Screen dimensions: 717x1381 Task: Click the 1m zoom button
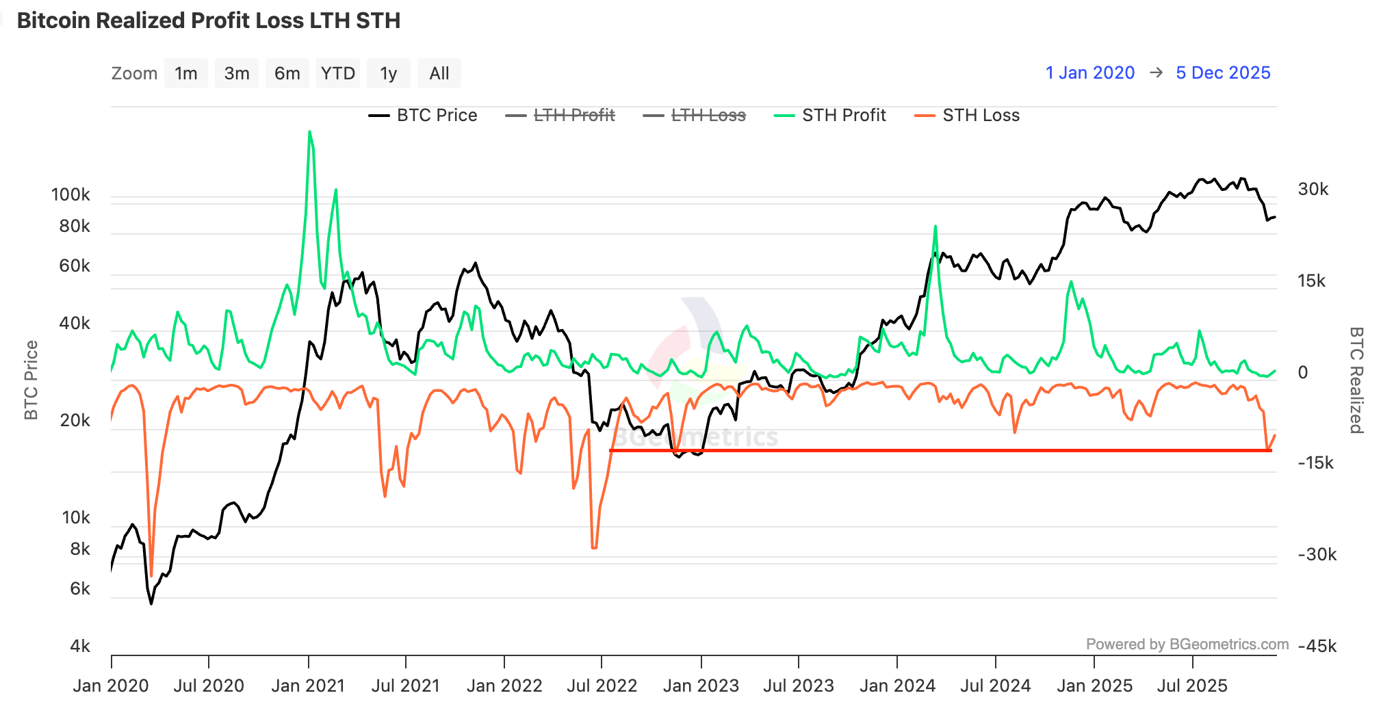185,73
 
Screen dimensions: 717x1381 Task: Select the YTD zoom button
338,73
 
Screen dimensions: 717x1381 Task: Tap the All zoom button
439,73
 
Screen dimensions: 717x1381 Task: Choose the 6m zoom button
287,73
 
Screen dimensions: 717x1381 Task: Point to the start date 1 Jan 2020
1090,73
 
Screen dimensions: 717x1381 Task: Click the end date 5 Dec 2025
1223,73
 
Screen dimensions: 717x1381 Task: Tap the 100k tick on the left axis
70,195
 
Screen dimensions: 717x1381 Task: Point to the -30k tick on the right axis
1317,554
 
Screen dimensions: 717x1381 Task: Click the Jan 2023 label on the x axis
701,686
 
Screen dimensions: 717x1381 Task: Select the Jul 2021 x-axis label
405,686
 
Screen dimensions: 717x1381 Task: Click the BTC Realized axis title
1356,380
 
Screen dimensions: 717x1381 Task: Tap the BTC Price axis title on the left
31,380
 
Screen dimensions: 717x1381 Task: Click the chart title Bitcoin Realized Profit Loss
209,21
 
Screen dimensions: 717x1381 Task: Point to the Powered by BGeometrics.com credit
1187,644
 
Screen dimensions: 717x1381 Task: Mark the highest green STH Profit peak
310,132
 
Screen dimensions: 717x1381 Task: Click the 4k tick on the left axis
80,647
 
